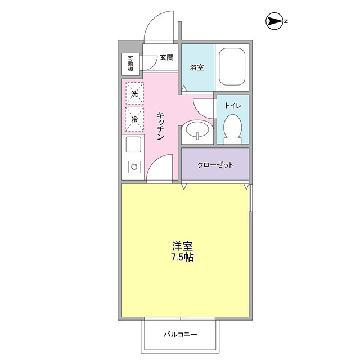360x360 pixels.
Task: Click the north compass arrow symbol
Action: click(x=274, y=22)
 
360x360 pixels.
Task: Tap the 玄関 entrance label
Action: click(x=166, y=57)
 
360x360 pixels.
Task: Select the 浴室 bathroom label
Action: click(x=196, y=67)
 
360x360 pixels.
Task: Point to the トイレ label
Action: click(x=233, y=105)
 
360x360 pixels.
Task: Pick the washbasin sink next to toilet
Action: click(x=197, y=132)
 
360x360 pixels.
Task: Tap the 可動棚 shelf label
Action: click(x=130, y=64)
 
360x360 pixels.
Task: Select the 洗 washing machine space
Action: click(x=134, y=94)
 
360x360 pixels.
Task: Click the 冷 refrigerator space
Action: click(x=134, y=119)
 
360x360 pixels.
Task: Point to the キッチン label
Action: click(x=160, y=126)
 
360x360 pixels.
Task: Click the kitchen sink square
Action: click(x=134, y=145)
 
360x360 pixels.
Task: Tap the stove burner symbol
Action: click(x=134, y=167)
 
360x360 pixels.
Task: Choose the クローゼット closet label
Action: click(x=215, y=165)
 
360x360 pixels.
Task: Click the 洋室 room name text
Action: click(x=183, y=247)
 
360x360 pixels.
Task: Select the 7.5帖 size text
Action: click(x=183, y=258)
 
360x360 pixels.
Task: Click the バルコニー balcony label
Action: click(x=181, y=335)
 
